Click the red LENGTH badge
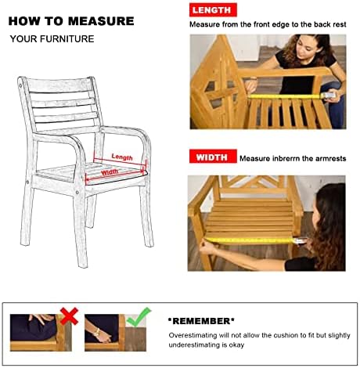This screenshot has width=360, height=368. click(x=213, y=10)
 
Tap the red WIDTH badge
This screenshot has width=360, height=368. click(x=213, y=157)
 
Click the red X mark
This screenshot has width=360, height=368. click(x=69, y=316)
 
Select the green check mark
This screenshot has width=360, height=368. click(x=139, y=317)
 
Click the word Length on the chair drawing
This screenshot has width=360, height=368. click(x=122, y=157)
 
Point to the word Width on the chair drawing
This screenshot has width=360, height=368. click(x=110, y=171)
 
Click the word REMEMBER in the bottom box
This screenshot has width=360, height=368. click(x=201, y=321)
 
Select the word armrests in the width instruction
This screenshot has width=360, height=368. click(x=331, y=159)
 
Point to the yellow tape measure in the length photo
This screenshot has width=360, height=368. click(x=284, y=96)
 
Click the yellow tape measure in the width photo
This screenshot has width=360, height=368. click(x=249, y=240)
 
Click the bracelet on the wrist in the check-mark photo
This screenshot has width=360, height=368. click(x=97, y=332)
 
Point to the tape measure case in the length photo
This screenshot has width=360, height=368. click(x=329, y=95)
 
